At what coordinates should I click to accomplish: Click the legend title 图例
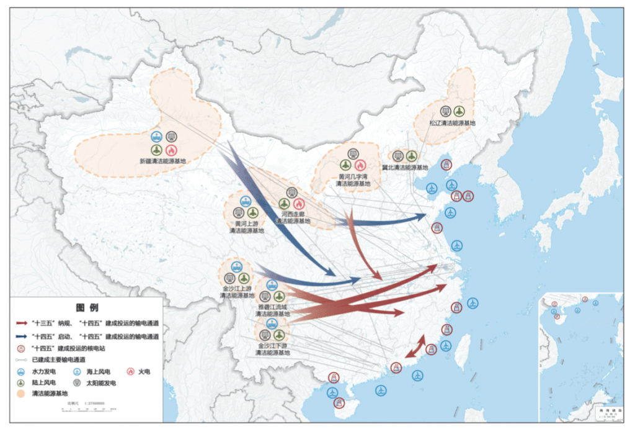tap(87, 307)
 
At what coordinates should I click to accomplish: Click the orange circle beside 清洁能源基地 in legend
tap(21, 394)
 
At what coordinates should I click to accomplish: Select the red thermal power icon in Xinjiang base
tap(172, 150)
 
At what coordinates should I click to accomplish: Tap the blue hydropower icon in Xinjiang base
tap(157, 136)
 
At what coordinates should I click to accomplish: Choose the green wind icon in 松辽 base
tap(460, 111)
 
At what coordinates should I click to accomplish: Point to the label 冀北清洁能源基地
tap(405, 167)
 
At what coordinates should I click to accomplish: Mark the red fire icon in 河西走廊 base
tap(299, 204)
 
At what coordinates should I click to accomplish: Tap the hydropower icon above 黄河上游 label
tap(245, 201)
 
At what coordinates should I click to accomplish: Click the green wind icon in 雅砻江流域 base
tap(279, 296)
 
